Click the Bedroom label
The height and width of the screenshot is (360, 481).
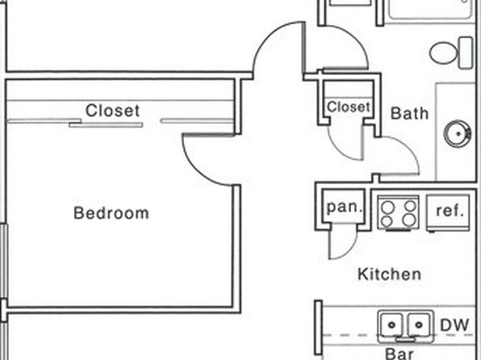click(111, 213)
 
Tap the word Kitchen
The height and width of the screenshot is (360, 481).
click(389, 274)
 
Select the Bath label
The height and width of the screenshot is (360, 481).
click(409, 113)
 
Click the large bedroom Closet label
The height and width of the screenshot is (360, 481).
click(112, 111)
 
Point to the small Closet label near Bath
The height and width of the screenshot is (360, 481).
click(349, 107)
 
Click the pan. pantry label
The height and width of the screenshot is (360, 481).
click(345, 207)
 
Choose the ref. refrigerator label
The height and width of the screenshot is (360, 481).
click(450, 211)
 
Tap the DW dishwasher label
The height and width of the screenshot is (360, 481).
click(454, 325)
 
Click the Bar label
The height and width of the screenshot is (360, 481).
click(399, 354)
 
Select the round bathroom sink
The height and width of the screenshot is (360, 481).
click(457, 133)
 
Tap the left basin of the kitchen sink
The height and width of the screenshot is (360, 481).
click(391, 324)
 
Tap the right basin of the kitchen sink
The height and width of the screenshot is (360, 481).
click(419, 324)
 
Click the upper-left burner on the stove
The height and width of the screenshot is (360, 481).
click(387, 207)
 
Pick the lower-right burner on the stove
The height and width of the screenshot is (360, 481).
click(409, 220)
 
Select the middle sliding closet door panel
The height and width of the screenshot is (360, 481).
click(106, 125)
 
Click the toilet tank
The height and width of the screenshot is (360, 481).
click(466, 52)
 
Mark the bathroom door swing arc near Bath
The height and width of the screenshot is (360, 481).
click(407, 148)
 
